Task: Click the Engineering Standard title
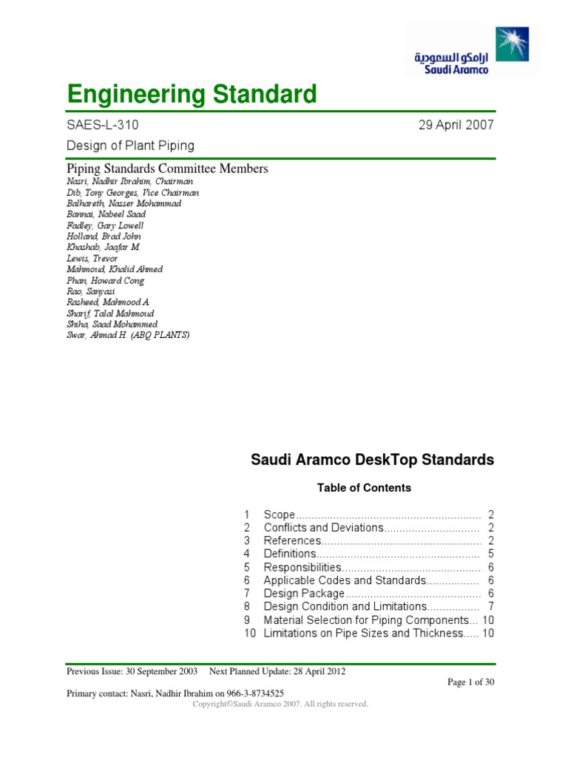pyautogui.click(x=192, y=95)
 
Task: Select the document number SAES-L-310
pyautogui.click(x=102, y=125)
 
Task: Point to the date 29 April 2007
pyautogui.click(x=456, y=125)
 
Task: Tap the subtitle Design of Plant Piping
pyautogui.click(x=131, y=145)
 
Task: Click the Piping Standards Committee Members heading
pyautogui.click(x=167, y=169)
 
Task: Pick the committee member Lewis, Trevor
pyautogui.click(x=92, y=259)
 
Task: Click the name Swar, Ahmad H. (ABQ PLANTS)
pyautogui.click(x=128, y=336)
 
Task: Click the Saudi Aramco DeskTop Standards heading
pyautogui.click(x=373, y=460)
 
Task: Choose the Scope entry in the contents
pyautogui.click(x=280, y=514)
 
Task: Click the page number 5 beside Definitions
pyautogui.click(x=490, y=554)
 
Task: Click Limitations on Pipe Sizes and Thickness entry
pyautogui.click(x=362, y=634)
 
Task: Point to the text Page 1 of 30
pyautogui.click(x=470, y=682)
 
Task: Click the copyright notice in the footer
pyautogui.click(x=280, y=705)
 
